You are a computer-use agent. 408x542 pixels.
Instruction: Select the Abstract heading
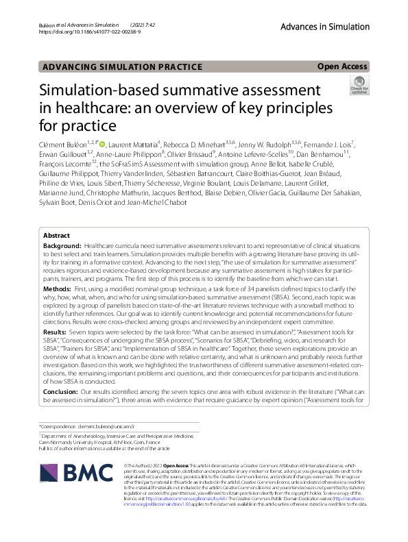pos(57,235)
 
